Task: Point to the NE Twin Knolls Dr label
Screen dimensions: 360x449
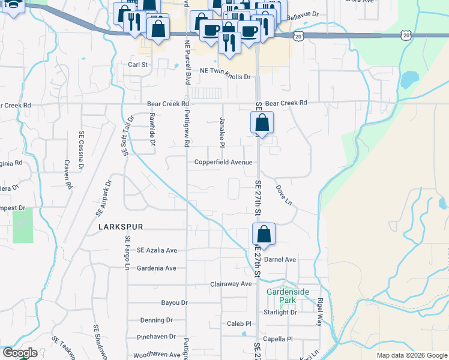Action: tap(225, 77)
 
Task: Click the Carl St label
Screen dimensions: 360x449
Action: tap(137, 64)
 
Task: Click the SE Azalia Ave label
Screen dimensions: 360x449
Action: tap(157, 250)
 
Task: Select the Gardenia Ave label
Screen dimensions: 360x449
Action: tap(156, 268)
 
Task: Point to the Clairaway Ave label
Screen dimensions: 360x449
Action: tap(231, 284)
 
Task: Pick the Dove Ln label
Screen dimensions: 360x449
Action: tap(283, 196)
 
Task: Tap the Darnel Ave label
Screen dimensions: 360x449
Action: tap(281, 260)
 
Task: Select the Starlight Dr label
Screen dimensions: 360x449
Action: tap(280, 313)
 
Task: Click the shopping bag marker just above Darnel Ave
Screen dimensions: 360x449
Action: tap(263, 233)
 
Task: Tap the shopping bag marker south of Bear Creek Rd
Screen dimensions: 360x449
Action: tap(262, 123)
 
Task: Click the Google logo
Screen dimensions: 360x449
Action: tap(19, 353)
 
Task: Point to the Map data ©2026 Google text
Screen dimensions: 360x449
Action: tap(411, 355)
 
